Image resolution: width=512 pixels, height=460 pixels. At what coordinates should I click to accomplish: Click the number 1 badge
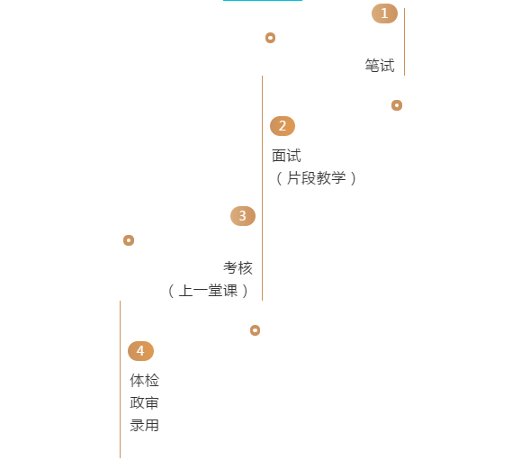pyautogui.click(x=384, y=14)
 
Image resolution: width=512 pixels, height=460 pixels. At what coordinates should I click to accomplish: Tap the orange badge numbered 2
pyautogui.click(x=283, y=126)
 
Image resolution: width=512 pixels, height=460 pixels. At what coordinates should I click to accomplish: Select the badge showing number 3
pyautogui.click(x=243, y=216)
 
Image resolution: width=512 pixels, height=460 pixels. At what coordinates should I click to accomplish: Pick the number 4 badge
pyautogui.click(x=140, y=351)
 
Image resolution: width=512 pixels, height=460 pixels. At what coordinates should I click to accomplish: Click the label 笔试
pyautogui.click(x=380, y=66)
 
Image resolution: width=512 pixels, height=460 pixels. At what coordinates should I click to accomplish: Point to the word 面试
pyautogui.click(x=286, y=156)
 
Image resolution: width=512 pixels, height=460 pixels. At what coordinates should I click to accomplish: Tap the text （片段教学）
pyautogui.click(x=316, y=178)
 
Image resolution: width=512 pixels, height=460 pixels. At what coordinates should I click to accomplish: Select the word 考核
pyautogui.click(x=238, y=268)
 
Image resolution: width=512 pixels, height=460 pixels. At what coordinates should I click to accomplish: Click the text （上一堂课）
pyautogui.click(x=208, y=291)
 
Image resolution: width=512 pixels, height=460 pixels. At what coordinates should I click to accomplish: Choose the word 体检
pyautogui.click(x=144, y=381)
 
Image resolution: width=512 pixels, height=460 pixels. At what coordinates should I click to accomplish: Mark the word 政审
pyautogui.click(x=144, y=402)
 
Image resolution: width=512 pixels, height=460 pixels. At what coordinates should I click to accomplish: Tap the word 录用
pyautogui.click(x=144, y=426)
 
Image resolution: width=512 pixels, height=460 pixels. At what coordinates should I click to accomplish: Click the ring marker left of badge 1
pyautogui.click(x=270, y=38)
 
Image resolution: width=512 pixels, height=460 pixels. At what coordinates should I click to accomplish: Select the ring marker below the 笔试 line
pyautogui.click(x=397, y=105)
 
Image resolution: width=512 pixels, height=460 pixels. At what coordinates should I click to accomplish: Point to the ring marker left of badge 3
pyautogui.click(x=129, y=240)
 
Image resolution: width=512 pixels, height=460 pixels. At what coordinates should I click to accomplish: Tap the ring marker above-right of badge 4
pyautogui.click(x=255, y=330)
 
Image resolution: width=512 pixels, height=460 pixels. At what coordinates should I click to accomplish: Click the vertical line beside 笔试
pyautogui.click(x=405, y=41)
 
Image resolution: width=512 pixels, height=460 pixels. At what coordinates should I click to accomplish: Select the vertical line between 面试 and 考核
pyautogui.click(x=262, y=188)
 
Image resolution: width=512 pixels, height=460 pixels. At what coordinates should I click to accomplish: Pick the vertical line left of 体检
pyautogui.click(x=121, y=379)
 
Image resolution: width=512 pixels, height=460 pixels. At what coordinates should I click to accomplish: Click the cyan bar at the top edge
pyautogui.click(x=263, y=0)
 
